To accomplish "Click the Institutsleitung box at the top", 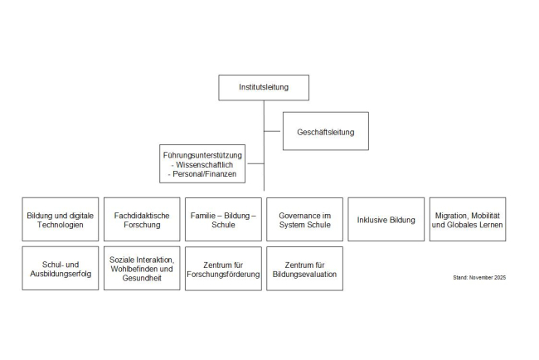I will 264,87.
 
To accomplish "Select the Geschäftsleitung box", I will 325,131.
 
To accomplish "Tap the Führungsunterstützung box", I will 203,164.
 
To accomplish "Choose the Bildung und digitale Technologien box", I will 60,220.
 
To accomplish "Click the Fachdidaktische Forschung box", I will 142,220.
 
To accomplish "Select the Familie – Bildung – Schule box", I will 223,220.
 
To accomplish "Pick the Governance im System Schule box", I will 304,220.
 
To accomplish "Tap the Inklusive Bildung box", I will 386,220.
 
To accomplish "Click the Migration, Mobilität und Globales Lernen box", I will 467,220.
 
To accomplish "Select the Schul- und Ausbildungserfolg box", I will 60,269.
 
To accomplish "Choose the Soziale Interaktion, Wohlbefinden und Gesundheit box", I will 142,269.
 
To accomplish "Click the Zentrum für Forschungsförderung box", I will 223,269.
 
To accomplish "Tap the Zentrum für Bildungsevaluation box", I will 304,269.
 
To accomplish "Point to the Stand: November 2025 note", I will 479,277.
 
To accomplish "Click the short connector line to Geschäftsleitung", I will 273,131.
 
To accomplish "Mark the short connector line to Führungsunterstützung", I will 255,163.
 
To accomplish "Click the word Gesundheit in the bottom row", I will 142,279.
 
